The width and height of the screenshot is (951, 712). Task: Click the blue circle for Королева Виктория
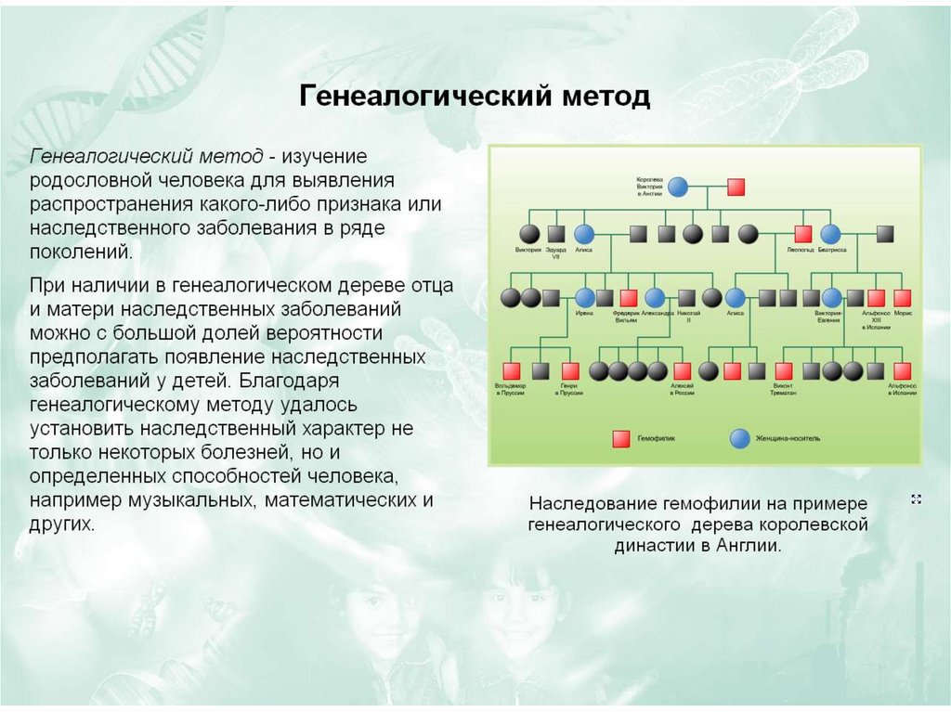(678, 187)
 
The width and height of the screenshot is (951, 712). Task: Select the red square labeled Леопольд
(803, 234)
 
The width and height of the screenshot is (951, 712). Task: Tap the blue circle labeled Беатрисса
(830, 234)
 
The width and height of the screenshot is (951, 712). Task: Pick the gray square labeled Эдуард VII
(556, 234)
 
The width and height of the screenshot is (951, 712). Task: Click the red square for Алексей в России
(683, 371)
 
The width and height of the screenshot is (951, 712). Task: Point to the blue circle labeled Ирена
(584, 298)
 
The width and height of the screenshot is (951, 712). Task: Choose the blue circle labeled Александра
(655, 298)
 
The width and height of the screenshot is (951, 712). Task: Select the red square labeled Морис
(902, 298)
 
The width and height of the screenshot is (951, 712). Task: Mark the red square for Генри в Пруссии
(569, 371)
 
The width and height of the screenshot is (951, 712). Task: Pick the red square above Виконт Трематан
(783, 371)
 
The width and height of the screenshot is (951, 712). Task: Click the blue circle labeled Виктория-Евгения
(830, 298)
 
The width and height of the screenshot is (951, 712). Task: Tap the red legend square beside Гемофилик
(619, 437)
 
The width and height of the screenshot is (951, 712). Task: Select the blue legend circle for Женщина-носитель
(740, 437)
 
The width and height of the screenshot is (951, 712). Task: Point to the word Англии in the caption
(746, 546)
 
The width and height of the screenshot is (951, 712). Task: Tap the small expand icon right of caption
(916, 499)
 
